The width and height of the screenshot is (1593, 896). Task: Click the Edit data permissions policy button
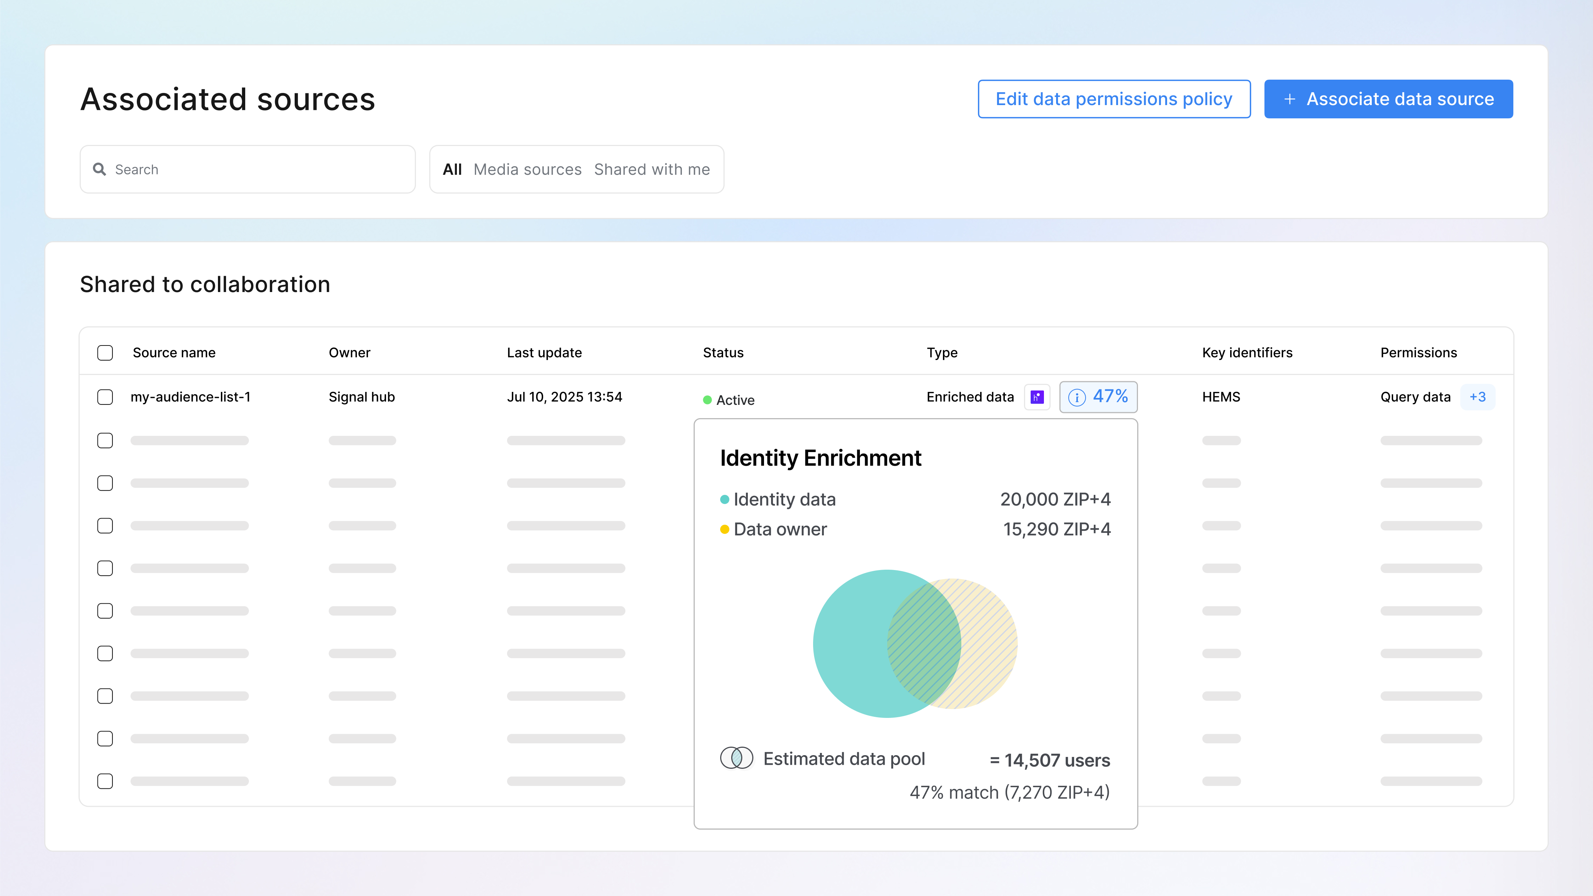point(1114,99)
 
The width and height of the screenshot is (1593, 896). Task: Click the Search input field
point(247,170)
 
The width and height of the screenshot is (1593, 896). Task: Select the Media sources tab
point(527,170)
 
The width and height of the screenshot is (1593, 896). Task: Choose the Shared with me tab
point(652,170)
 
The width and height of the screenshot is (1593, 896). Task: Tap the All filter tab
point(452,170)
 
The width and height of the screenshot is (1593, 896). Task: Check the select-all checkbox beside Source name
point(105,353)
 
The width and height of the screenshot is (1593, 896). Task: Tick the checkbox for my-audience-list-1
point(105,397)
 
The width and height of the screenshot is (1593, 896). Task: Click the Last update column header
point(544,353)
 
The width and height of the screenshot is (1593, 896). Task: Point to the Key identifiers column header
point(1247,353)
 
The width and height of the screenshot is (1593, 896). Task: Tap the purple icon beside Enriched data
point(1037,397)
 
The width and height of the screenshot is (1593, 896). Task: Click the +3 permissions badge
point(1477,397)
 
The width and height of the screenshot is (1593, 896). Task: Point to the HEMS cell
point(1221,397)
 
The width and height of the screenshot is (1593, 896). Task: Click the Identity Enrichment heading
point(820,458)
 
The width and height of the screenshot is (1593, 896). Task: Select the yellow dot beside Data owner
point(725,529)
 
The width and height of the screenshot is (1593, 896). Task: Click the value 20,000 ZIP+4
point(1055,499)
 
